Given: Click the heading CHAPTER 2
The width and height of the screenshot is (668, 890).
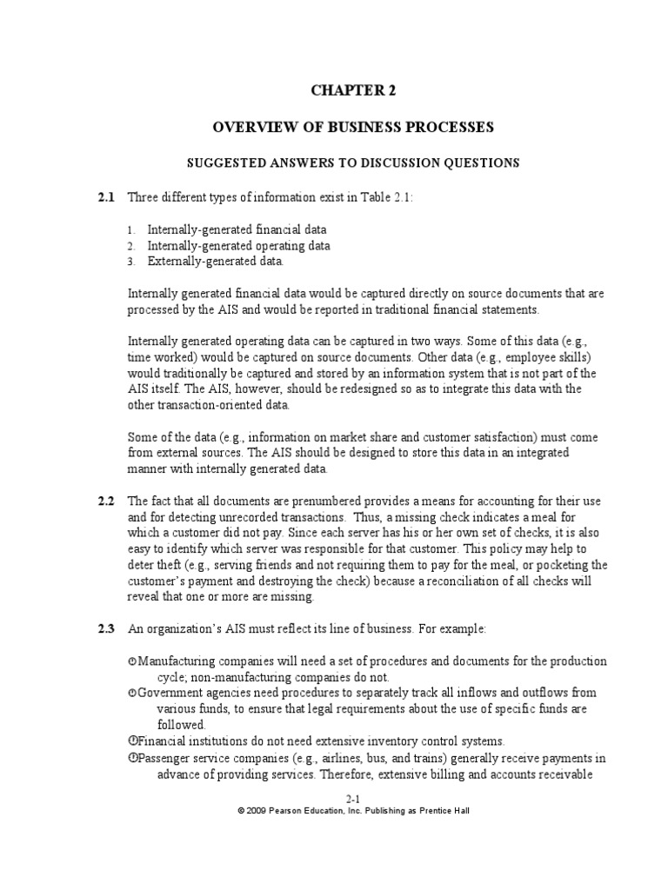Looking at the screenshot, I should click(x=353, y=90).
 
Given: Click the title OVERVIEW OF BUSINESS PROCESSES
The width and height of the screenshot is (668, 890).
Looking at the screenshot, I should click(x=353, y=127).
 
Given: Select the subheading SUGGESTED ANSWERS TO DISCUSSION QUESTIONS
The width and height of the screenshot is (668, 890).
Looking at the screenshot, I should click(x=353, y=163).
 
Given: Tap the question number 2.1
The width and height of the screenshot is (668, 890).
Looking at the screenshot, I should click(x=105, y=197).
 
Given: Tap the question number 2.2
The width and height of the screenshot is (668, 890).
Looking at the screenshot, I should click(x=105, y=501).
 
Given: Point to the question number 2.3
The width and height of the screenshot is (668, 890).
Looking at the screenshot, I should click(x=105, y=628).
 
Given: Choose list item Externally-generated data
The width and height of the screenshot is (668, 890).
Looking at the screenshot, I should click(x=215, y=261).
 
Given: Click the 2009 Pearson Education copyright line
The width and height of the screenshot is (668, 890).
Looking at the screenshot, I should click(x=353, y=810).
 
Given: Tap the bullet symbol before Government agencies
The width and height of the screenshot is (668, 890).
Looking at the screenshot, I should click(x=132, y=694).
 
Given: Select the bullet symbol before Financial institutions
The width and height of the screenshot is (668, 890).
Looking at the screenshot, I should click(x=132, y=741).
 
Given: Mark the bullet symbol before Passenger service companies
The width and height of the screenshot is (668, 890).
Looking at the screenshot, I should click(x=132, y=756).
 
